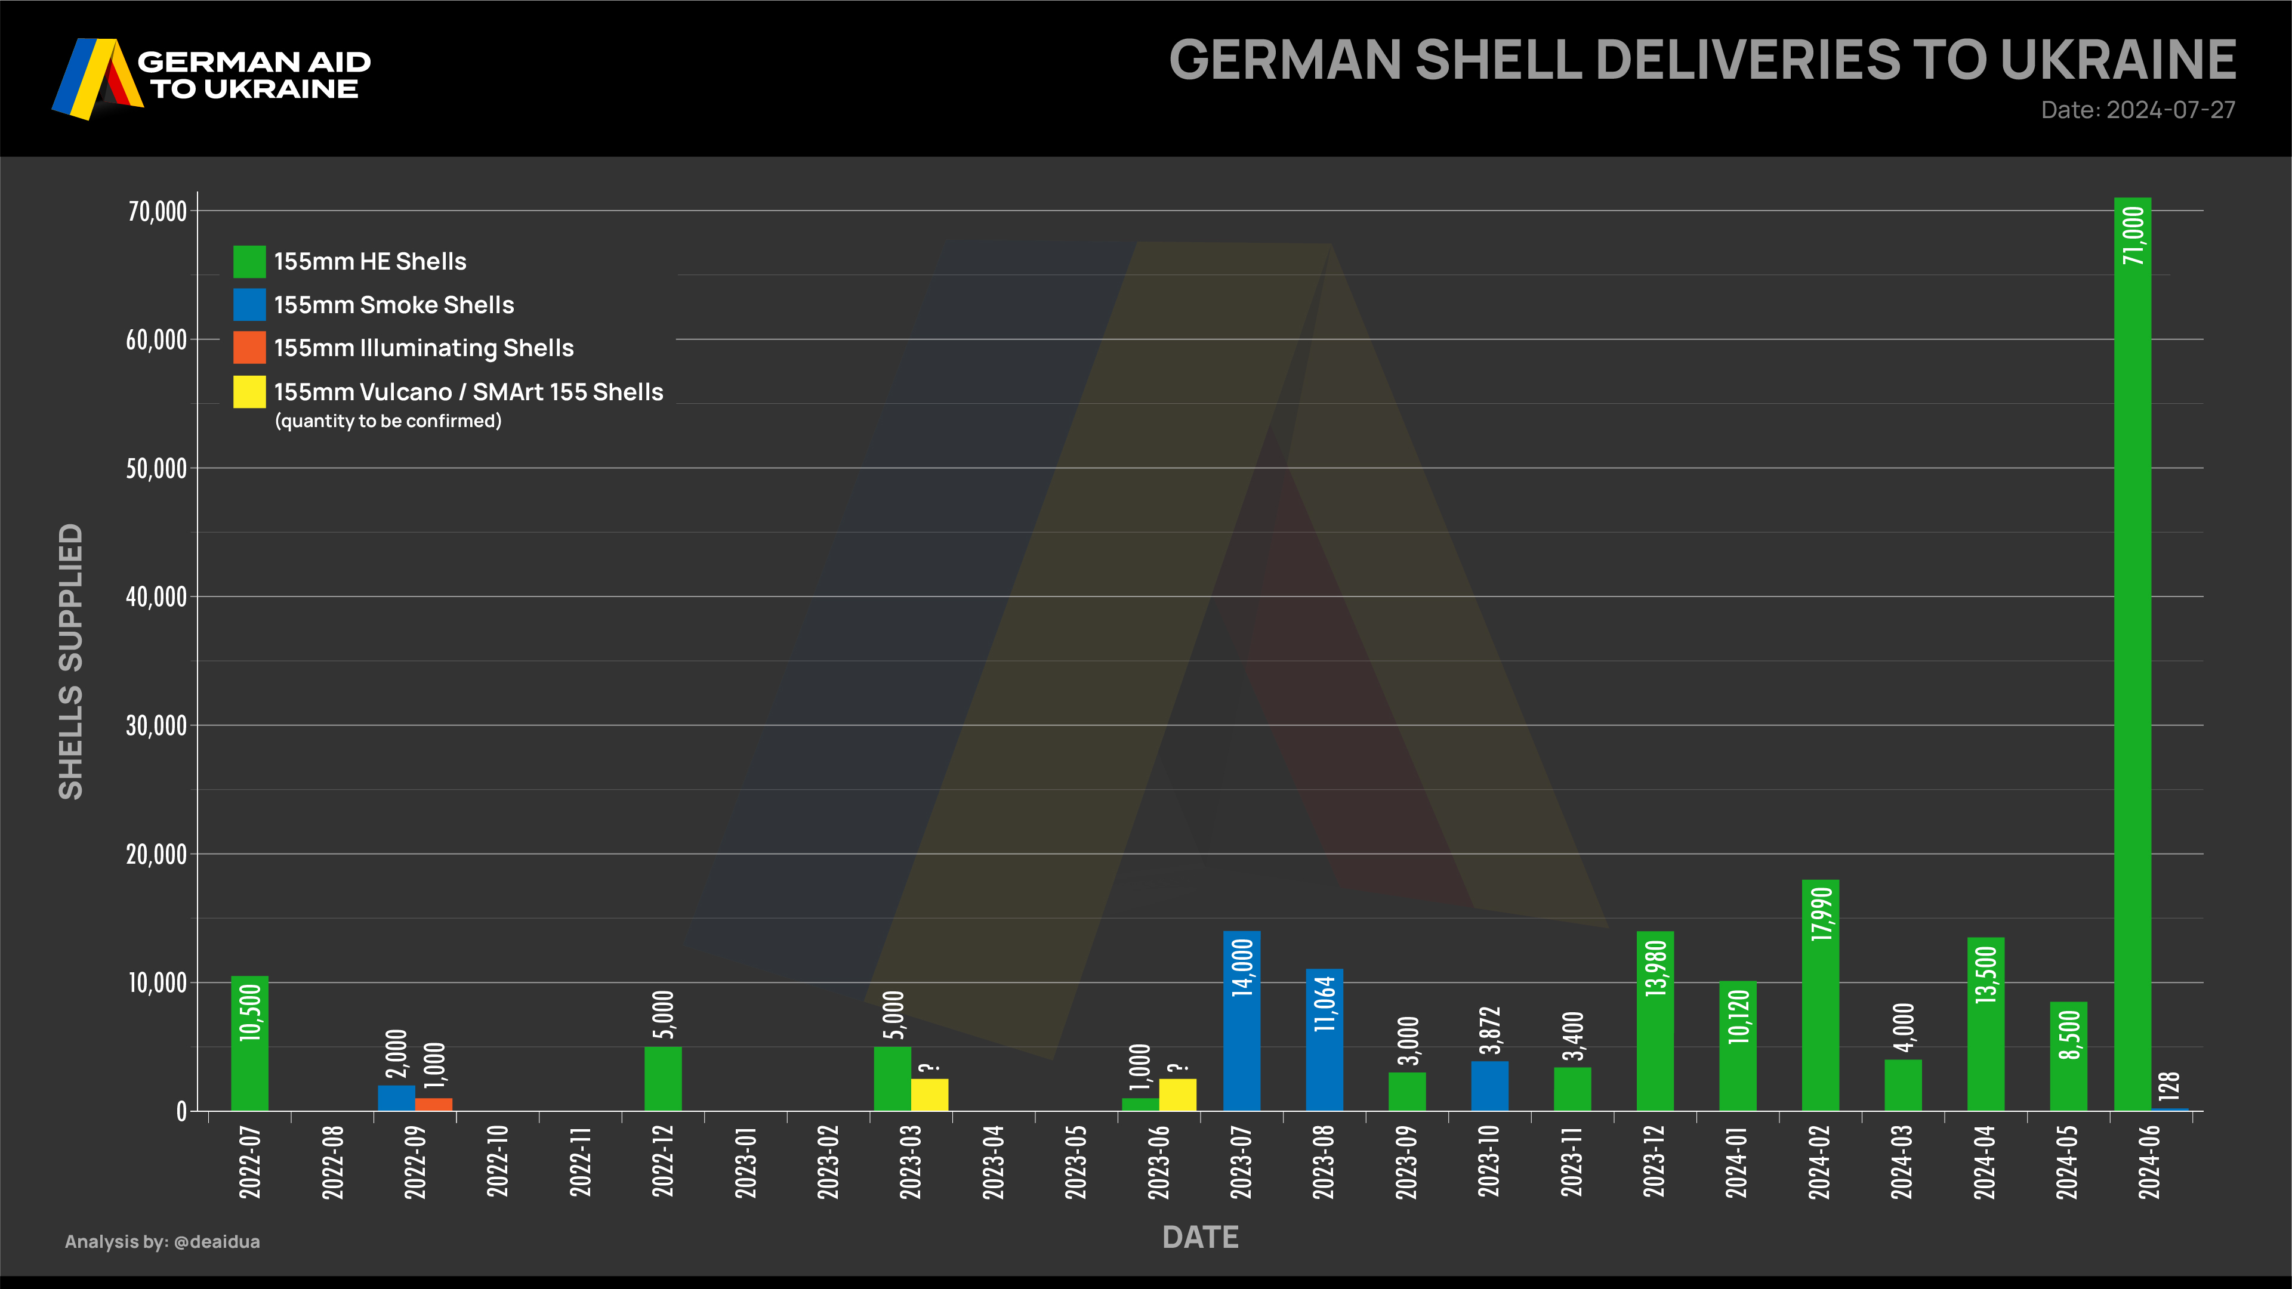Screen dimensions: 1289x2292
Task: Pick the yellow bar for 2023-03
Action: [929, 1094]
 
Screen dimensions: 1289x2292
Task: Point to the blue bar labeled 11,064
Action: [1324, 1041]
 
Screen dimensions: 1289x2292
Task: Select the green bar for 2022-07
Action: [249, 1045]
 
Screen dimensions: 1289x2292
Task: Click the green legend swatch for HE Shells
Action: [249, 261]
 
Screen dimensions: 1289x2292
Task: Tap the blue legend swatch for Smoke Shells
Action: [249, 304]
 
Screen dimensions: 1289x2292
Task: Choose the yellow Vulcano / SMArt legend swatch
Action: [249, 391]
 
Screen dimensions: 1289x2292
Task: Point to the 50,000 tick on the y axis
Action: [156, 469]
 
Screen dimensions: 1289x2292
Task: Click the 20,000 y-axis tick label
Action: [156, 855]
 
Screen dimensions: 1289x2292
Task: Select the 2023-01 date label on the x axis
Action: [746, 1162]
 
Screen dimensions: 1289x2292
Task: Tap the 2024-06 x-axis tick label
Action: [2149, 1162]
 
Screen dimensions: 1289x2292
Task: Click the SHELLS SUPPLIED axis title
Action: [71, 661]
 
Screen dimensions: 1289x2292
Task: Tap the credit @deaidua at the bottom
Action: [217, 1242]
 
